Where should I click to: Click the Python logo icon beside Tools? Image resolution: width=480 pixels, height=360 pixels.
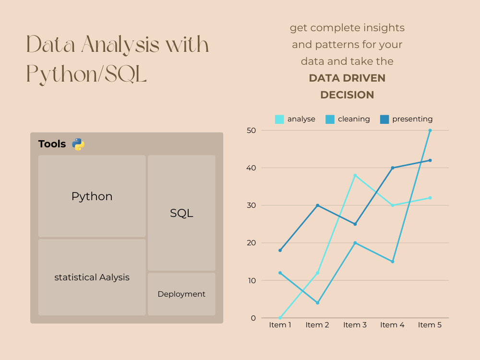point(78,144)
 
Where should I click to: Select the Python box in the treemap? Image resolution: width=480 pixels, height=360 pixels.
point(92,196)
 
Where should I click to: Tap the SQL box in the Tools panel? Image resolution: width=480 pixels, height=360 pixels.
point(181,213)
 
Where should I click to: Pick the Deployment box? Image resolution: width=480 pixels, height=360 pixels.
point(181,294)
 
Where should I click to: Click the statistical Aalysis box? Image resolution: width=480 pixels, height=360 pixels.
point(92,277)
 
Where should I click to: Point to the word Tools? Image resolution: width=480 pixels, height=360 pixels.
point(52,144)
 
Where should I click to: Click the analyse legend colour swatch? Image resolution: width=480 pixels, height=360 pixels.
point(279,119)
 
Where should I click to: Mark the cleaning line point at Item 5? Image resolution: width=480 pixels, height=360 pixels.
point(430,131)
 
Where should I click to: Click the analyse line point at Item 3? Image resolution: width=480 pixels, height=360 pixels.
point(355,175)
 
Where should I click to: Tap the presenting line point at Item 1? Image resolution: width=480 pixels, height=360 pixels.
point(280,250)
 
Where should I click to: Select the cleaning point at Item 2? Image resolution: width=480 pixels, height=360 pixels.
point(318,303)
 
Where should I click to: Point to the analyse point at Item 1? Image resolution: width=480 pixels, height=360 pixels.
point(280,318)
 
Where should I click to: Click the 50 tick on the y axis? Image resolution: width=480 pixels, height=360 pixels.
point(252,131)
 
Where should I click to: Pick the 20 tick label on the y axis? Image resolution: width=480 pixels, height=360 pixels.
point(252,243)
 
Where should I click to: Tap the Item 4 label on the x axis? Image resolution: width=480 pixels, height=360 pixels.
point(392,325)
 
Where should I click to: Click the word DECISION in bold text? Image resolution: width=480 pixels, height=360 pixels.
point(347,95)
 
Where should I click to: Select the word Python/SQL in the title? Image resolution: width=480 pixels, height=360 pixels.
point(86,74)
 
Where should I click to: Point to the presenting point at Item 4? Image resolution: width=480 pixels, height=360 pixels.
point(393,168)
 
